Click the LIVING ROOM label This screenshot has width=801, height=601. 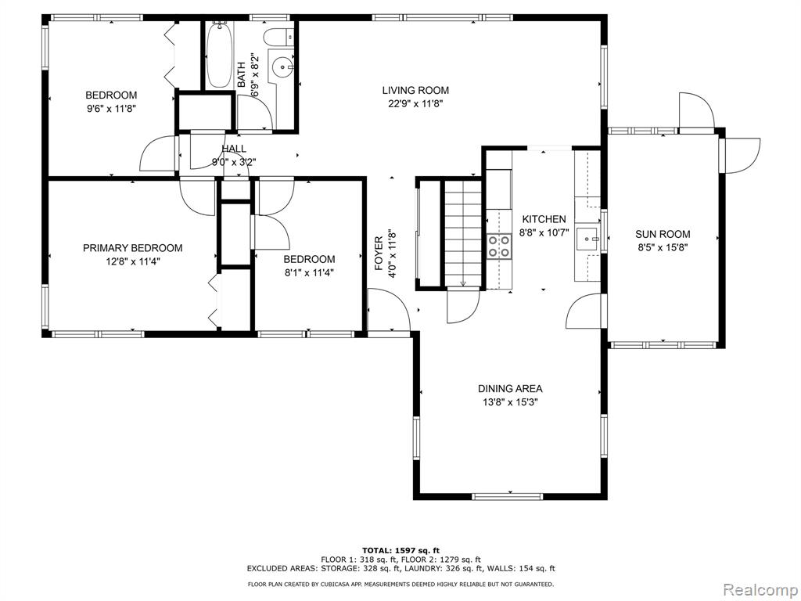coord(415,91)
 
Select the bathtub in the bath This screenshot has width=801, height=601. coord(220,55)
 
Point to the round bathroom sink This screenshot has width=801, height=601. coord(282,67)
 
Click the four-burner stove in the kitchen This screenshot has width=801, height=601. coord(498,246)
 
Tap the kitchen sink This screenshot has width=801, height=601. coord(588,239)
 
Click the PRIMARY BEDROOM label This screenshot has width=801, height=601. coord(132,248)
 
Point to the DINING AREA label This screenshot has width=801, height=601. coord(510,388)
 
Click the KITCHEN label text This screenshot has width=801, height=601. coord(544,219)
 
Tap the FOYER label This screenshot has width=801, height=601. coord(379,254)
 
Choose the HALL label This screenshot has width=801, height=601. coord(234,149)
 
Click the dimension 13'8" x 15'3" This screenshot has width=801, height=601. coord(510,401)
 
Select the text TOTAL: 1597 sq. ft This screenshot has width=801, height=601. coord(400,550)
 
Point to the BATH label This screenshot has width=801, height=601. coord(242,74)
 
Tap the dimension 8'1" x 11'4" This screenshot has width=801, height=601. coord(309,272)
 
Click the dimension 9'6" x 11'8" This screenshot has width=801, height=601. coord(111,108)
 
